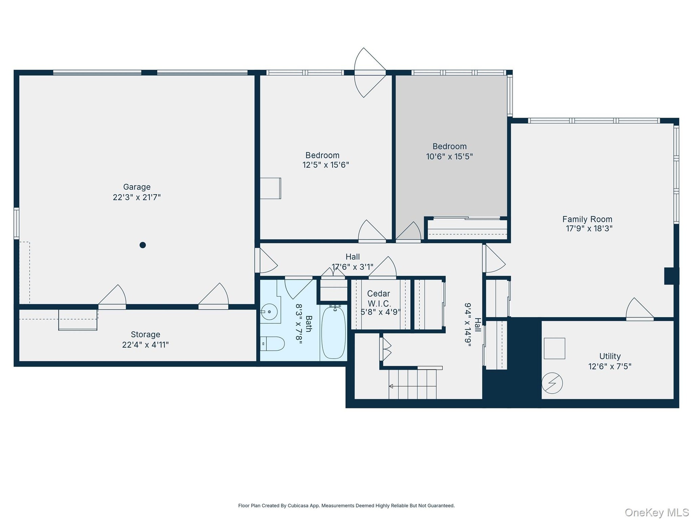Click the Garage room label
pyautogui.click(x=137, y=187)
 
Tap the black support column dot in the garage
pyautogui.click(x=143, y=245)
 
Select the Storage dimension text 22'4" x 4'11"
pyautogui.click(x=145, y=345)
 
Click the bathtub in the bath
pyautogui.click(x=334, y=332)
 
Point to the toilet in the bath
pyautogui.click(x=273, y=344)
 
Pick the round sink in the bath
pyautogui.click(x=269, y=312)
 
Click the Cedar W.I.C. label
pyautogui.click(x=379, y=299)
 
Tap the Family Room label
pyautogui.click(x=587, y=219)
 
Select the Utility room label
pyautogui.click(x=610, y=356)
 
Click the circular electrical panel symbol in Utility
pyautogui.click(x=552, y=383)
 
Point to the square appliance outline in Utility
pyautogui.click(x=554, y=348)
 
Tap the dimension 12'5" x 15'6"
pyautogui.click(x=326, y=165)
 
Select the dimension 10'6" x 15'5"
pyautogui.click(x=449, y=156)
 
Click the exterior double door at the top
pyautogui.click(x=370, y=73)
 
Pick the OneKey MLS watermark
pyautogui.click(x=657, y=512)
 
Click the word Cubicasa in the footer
pyautogui.click(x=297, y=506)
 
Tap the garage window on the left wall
pyautogui.click(x=16, y=223)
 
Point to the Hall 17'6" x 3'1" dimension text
pyautogui.click(x=353, y=267)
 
